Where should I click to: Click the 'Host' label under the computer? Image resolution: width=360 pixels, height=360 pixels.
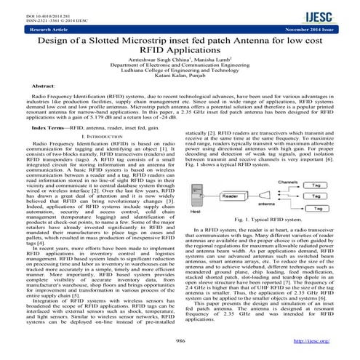coord(195,210)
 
